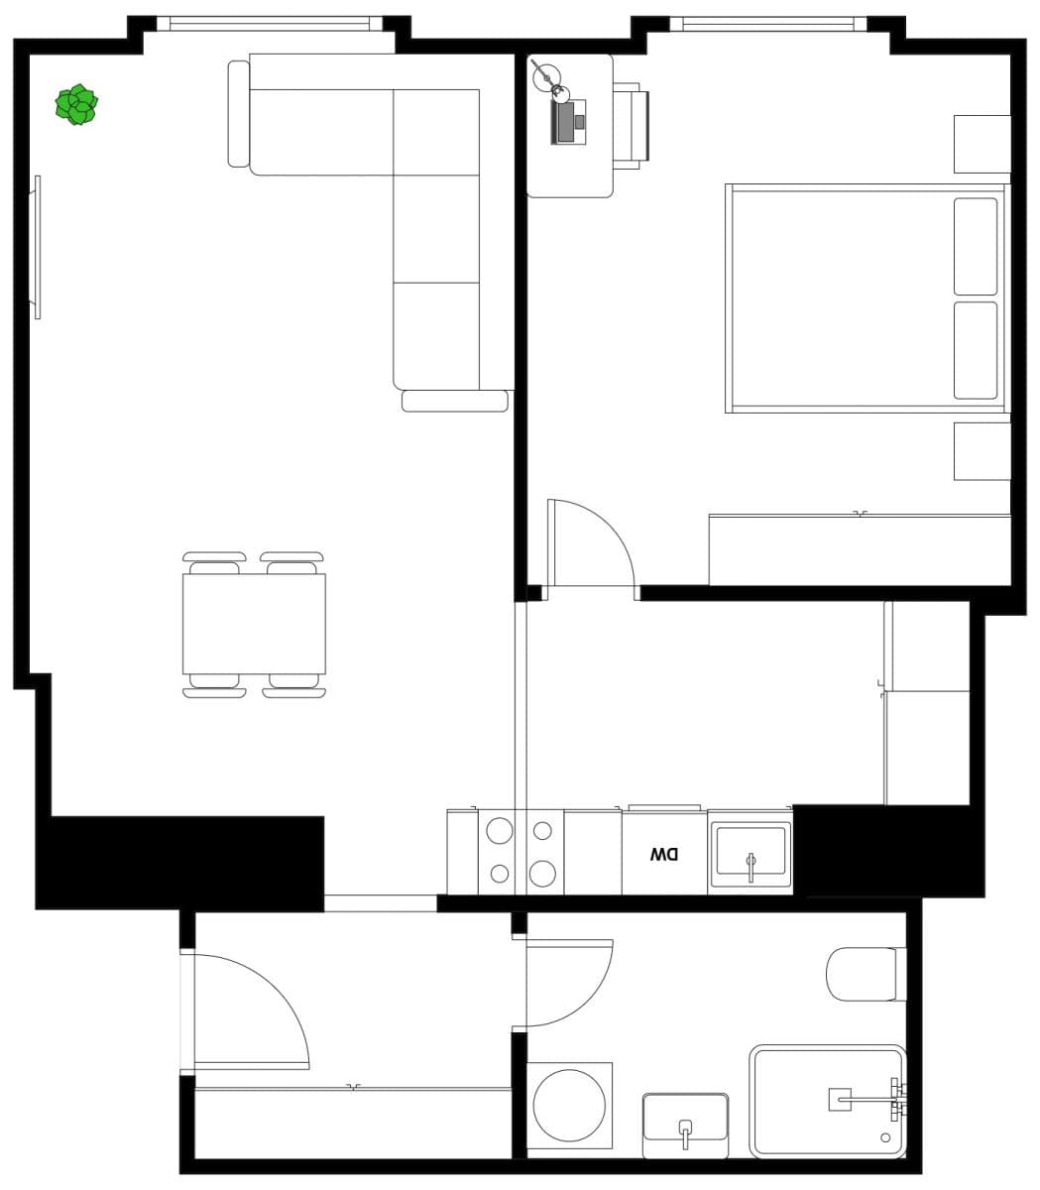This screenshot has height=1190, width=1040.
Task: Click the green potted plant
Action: click(76, 105)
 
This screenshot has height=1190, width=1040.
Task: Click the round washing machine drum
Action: click(569, 1108)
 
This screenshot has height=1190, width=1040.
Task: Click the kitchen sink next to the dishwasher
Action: click(751, 852)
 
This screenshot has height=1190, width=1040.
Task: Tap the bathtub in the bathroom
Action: click(827, 1101)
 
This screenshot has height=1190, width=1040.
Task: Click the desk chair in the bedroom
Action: click(631, 125)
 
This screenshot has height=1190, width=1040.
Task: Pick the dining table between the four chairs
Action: click(254, 625)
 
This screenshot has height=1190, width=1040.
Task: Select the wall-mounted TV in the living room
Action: click(38, 247)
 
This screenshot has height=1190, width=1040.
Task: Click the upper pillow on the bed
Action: click(976, 246)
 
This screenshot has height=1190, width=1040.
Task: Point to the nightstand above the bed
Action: click(982, 144)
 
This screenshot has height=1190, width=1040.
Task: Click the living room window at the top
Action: click(270, 23)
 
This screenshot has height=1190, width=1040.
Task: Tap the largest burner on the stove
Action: click(542, 873)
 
